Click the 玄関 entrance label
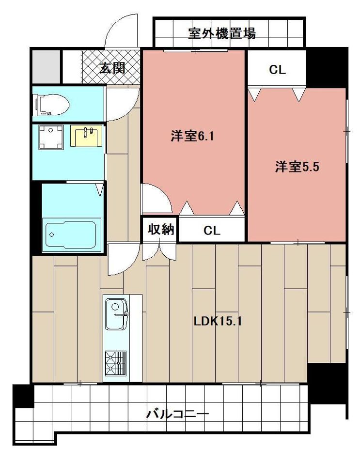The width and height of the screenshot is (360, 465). [112, 68]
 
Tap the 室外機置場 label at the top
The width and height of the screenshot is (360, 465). [222, 33]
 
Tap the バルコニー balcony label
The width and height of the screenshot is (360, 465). [177, 415]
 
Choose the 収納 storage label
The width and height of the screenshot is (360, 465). [160, 230]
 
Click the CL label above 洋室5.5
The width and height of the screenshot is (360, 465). [277, 70]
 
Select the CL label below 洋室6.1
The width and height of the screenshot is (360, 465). [212, 231]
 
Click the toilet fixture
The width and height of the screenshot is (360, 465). [50, 104]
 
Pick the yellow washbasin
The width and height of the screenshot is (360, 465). [87, 135]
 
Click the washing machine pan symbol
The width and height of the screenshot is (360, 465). [51, 137]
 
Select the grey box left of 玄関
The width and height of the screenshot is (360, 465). [46, 67]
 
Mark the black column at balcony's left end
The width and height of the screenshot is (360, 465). [22, 395]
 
